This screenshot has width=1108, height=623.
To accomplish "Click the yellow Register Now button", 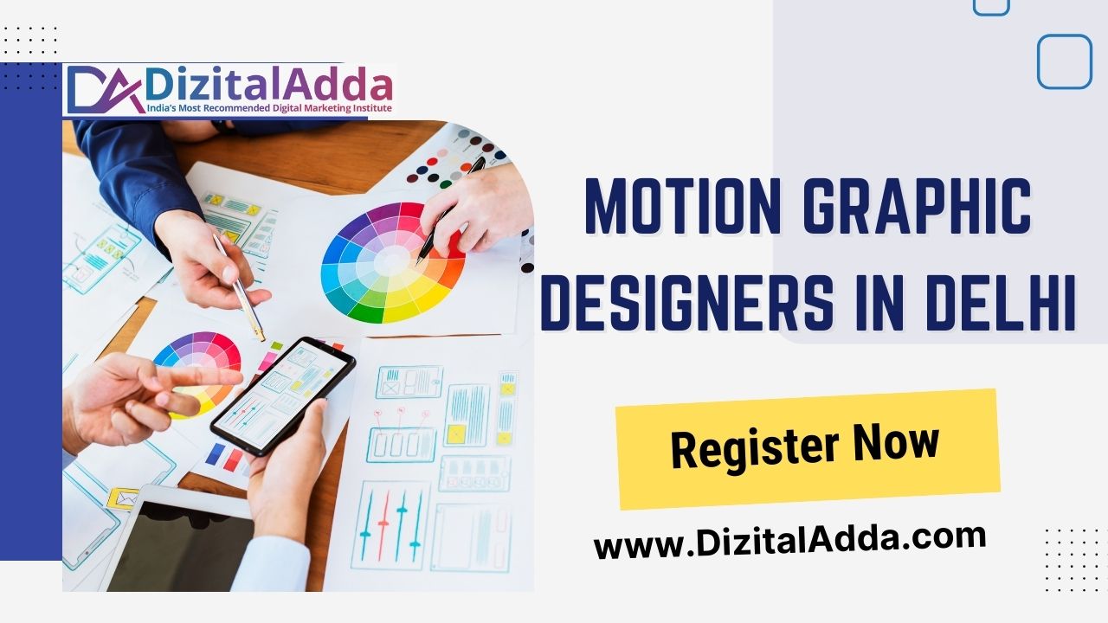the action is pyautogui.click(x=808, y=449).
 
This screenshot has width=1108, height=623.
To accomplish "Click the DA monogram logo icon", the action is pyautogui.click(x=105, y=89).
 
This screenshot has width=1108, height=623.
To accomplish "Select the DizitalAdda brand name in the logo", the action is pyautogui.click(x=268, y=85).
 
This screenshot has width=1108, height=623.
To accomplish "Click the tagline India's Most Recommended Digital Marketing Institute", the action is pyautogui.click(x=269, y=107).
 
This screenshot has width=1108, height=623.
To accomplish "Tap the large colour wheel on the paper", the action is pyautogui.click(x=393, y=262).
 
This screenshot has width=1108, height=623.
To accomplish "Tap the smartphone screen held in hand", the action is pyautogui.click(x=283, y=395).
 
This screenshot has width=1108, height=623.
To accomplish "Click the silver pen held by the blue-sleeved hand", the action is pyautogui.click(x=240, y=288).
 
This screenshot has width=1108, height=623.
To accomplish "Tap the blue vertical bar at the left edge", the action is pyautogui.click(x=30, y=311).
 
